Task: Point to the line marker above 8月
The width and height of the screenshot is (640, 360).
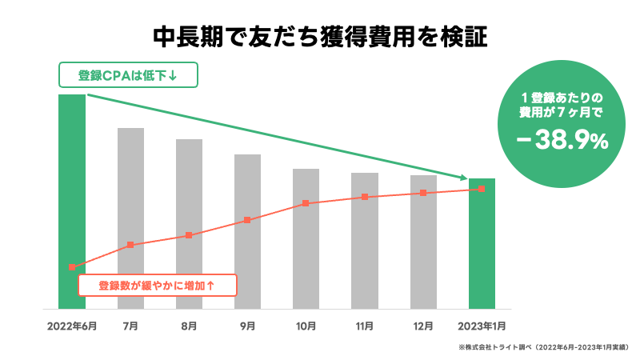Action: pos(189,235)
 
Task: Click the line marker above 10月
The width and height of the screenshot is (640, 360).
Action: pos(306,203)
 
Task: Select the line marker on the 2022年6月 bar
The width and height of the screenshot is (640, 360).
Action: pos(72,266)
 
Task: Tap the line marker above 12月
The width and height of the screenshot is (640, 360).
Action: pos(423,193)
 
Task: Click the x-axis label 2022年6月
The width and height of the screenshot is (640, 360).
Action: pos(72,326)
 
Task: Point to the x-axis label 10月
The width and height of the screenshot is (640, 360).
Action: pos(306,326)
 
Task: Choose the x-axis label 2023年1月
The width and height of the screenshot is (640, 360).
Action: pos(482,326)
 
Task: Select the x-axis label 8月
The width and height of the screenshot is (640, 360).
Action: pos(189,326)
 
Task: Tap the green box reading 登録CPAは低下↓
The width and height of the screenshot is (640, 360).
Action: pos(127,76)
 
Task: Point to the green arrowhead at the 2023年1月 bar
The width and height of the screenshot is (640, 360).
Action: pos(463,178)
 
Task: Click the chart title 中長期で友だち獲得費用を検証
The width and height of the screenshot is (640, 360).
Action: pos(320,37)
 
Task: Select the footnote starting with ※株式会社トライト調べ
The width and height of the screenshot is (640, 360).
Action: pos(544,348)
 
